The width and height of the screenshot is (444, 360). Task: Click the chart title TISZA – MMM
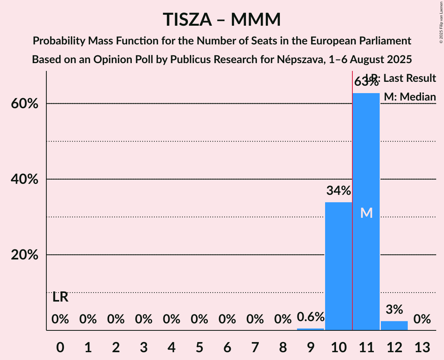click(222, 19)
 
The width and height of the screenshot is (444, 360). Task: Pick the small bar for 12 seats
click(394, 326)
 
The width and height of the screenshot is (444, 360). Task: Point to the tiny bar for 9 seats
click(311, 329)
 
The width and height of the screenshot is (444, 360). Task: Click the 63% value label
click(366, 83)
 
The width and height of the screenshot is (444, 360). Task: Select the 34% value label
click(338, 191)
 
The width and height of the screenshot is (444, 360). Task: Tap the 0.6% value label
click(311, 317)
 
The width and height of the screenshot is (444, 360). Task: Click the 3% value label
click(394, 310)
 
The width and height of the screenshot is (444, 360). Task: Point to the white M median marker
click(366, 213)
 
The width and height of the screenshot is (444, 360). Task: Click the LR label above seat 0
click(60, 298)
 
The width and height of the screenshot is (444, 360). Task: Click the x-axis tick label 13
click(422, 347)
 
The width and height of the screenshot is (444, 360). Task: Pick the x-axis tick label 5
click(199, 347)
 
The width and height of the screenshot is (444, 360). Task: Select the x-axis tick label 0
click(60, 347)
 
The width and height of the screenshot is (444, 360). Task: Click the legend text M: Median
click(410, 97)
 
